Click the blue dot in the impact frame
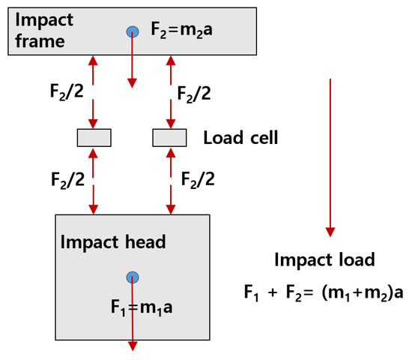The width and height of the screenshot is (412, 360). pyautogui.click(x=133, y=31)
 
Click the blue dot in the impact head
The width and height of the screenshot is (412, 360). pyautogui.click(x=133, y=277)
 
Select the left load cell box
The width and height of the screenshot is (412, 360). pyautogui.click(x=94, y=138)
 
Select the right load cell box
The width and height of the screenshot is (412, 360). pyautogui.click(x=169, y=138)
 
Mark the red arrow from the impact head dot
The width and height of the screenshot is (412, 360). pyautogui.click(x=133, y=315)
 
